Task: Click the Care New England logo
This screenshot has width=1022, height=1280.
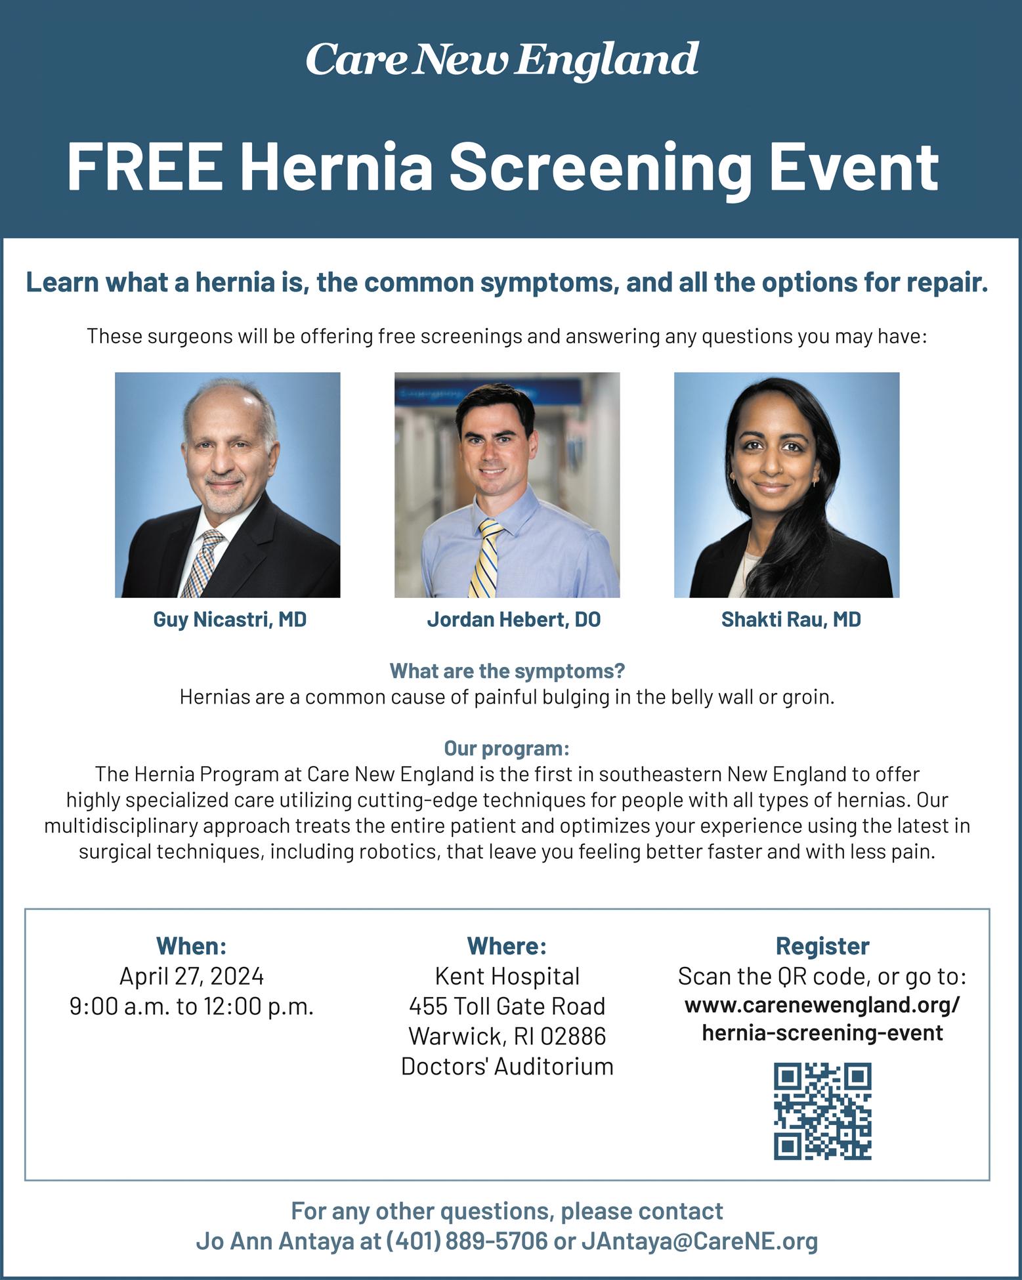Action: (x=502, y=60)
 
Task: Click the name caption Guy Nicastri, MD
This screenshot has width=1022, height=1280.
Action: (x=230, y=620)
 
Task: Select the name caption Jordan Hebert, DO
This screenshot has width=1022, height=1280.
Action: (x=513, y=620)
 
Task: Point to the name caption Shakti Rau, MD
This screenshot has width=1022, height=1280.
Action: (x=790, y=620)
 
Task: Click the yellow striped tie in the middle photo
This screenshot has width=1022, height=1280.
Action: (x=486, y=558)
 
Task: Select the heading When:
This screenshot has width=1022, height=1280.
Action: (x=191, y=946)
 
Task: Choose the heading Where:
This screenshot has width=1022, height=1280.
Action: (x=507, y=946)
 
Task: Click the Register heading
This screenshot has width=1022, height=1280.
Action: (x=822, y=946)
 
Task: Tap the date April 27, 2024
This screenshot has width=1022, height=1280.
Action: (x=191, y=977)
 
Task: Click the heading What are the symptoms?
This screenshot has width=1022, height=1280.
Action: (x=507, y=672)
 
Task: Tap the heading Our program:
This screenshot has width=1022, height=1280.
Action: (x=507, y=748)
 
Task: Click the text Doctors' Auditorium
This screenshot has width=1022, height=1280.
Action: (x=507, y=1066)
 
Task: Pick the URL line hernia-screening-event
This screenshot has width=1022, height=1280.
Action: (x=822, y=1033)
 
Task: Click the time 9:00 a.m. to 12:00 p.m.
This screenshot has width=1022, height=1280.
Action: (x=191, y=1007)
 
